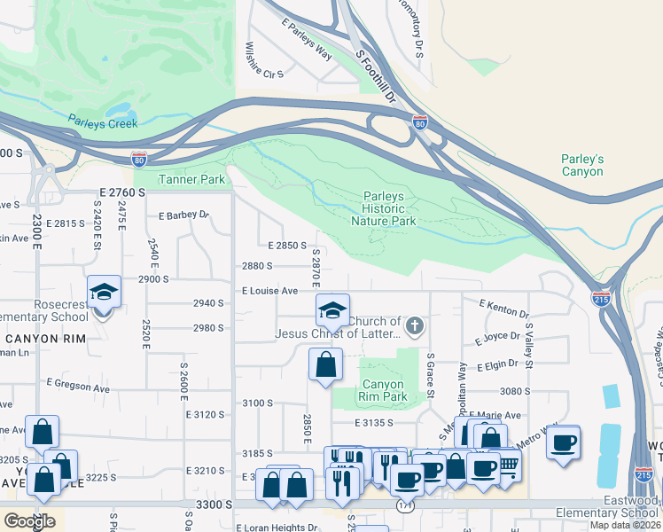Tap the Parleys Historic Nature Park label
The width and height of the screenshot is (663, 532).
point(390,208)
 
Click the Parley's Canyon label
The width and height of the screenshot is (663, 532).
point(582,165)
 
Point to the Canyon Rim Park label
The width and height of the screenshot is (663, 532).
point(384,390)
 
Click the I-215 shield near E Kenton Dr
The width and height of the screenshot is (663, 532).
point(601,298)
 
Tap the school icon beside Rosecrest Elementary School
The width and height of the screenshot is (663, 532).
point(104,292)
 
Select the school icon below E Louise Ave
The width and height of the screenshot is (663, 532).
point(333,309)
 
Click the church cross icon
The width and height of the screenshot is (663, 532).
point(413,327)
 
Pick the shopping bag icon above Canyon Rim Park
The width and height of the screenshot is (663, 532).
point(325,364)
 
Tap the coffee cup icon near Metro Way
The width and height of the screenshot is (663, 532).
point(564,442)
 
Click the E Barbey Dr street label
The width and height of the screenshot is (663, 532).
point(183,215)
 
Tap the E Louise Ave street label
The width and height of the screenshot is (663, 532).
point(269,291)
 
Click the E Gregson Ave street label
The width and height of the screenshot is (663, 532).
point(79,388)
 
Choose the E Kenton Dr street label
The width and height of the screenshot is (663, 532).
point(503,309)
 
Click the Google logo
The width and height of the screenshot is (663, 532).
point(30,521)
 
